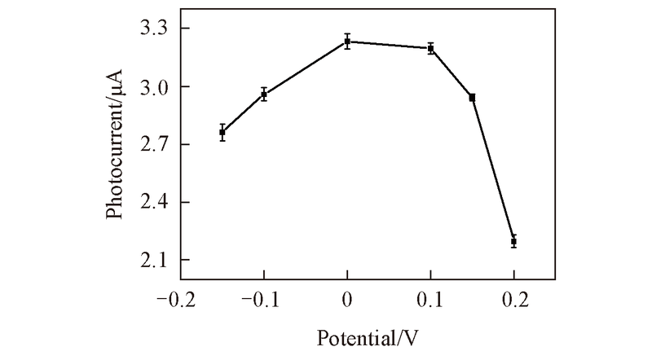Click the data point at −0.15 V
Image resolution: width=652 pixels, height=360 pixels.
pos(222,132)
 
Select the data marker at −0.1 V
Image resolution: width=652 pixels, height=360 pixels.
pos(264,94)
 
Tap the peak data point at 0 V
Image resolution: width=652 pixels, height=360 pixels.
pos(347,41)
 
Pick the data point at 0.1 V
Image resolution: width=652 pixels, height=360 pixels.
pos(431,48)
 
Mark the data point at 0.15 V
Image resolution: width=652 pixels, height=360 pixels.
pos(472,98)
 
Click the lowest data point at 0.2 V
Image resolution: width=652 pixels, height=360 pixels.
pos(513,242)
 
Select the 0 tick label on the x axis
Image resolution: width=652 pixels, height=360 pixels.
pos(347,299)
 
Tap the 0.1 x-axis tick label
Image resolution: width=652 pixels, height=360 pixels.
pos(431,299)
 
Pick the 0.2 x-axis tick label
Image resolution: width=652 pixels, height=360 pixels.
pos(513,299)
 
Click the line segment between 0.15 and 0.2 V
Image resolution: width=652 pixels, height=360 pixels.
pos(493,170)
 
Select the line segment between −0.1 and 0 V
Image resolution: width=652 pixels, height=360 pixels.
pos(306,68)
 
